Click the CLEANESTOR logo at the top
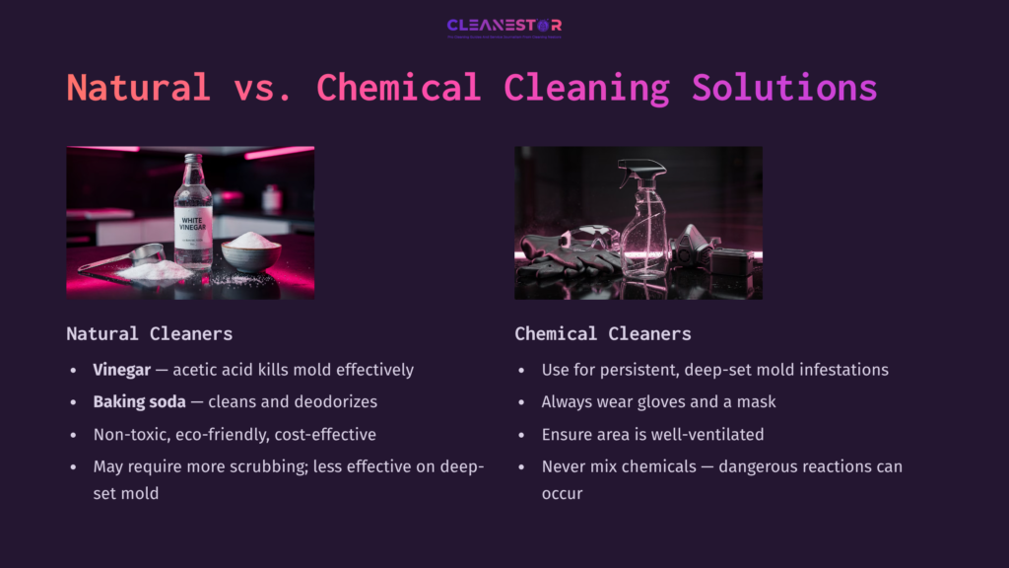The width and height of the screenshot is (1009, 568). coord(504,26)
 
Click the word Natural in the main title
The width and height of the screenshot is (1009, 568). coord(138,88)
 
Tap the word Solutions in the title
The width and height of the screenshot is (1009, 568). coord(783,88)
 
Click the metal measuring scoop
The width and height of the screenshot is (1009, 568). coord(123,257)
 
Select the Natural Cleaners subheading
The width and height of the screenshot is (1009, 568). coord(150,333)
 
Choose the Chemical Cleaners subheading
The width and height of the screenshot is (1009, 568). coord(602,333)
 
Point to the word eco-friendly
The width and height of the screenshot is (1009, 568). coord(224,434)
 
